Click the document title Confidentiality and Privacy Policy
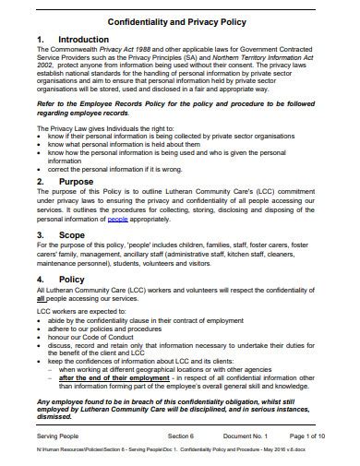(x=179, y=20)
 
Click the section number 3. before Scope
(x=40, y=235)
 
